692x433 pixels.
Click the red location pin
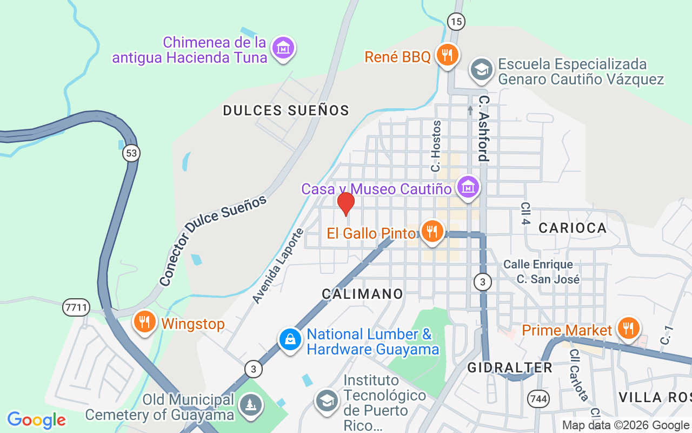[x=345, y=204]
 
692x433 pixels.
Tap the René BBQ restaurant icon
[x=448, y=55]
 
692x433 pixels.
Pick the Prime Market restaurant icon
[x=628, y=328]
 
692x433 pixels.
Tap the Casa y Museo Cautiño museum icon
[x=467, y=187]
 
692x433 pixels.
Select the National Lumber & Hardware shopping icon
[x=290, y=340]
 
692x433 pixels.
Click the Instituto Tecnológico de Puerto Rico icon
[x=327, y=401]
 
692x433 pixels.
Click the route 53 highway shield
[x=131, y=153]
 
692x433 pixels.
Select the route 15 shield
[x=456, y=22]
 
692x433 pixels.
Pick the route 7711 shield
[x=75, y=307]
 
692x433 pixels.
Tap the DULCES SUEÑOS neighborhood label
[x=286, y=111]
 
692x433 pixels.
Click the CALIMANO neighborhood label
[x=362, y=294]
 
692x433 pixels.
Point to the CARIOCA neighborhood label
[x=573, y=228]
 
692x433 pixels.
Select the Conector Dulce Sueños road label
[x=213, y=240]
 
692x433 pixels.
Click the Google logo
[x=36, y=420]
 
